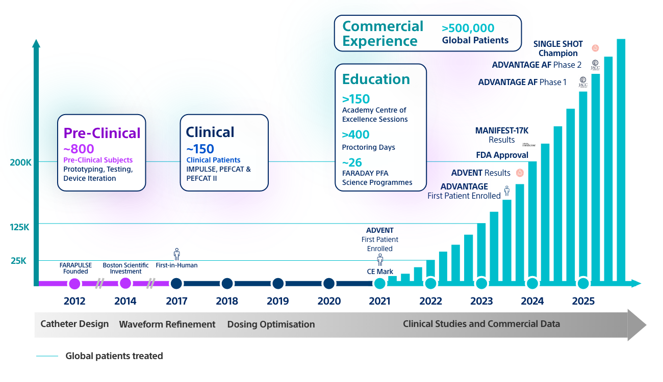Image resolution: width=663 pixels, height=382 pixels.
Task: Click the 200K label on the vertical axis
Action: pos(21,162)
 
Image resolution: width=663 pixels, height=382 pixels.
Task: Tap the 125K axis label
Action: pos(20,227)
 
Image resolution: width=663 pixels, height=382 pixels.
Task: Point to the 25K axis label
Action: pos(18,261)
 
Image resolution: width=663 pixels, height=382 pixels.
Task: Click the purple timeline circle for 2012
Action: pos(74,284)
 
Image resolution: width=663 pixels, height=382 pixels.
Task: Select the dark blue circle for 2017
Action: pos(176,284)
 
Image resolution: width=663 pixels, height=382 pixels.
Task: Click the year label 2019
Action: pos(278,301)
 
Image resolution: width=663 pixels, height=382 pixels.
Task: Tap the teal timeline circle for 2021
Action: pos(379,284)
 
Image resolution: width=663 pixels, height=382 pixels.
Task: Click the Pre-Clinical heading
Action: pos(101,133)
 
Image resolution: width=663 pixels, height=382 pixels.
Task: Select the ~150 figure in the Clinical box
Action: pos(200,149)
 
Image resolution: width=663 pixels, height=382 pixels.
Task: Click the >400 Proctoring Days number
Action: pos(355,135)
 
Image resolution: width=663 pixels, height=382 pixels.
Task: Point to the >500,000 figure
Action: pos(468,29)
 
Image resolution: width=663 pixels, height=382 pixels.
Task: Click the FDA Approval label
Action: pos(502,155)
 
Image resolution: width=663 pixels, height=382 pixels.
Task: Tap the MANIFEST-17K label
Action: pos(501,130)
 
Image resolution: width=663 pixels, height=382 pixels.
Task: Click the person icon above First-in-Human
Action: pos(176,254)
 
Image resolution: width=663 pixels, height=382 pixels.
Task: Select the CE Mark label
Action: pos(380,271)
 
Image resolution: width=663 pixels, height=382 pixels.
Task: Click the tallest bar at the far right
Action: pos(621,160)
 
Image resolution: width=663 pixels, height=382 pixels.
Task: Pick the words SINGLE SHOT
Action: pos(558,44)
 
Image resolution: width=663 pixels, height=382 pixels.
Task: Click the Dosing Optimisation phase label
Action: pos(271,324)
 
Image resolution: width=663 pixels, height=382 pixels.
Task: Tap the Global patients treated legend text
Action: pos(114,356)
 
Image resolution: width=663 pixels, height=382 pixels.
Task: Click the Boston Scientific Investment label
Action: pos(125,268)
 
